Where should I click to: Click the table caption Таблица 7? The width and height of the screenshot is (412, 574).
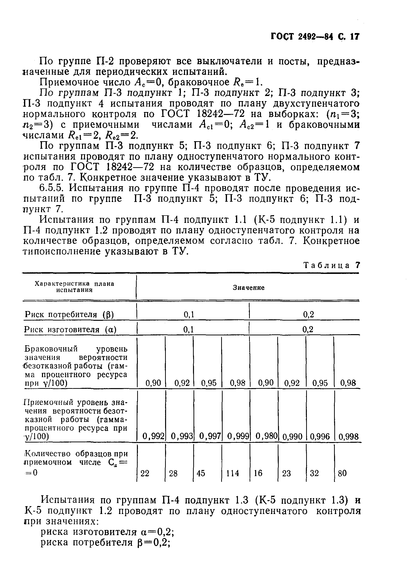(x=331, y=265)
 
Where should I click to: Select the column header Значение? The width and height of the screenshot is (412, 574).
(x=248, y=288)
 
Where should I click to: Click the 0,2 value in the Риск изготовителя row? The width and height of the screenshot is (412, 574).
(x=308, y=329)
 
